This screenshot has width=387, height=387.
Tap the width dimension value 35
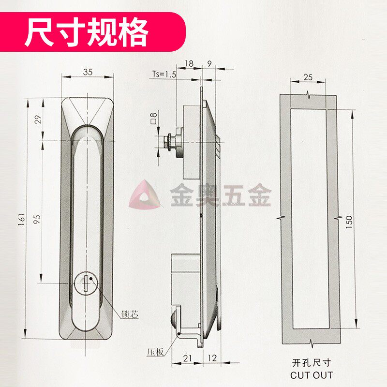(x=88, y=72)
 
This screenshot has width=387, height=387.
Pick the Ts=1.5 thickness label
(x=164, y=74)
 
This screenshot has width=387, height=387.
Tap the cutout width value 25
(x=308, y=77)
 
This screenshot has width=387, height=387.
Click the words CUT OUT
(x=312, y=374)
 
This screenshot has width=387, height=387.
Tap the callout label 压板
(x=154, y=352)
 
